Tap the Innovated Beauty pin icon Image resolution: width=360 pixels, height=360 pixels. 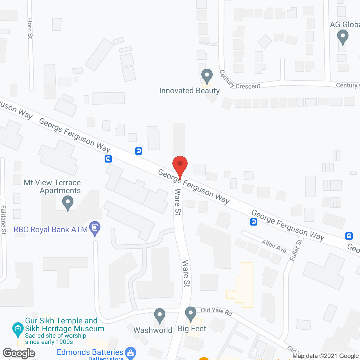[207, 76]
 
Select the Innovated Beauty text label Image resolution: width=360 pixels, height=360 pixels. [189, 91]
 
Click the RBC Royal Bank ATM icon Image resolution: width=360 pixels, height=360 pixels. [95, 228]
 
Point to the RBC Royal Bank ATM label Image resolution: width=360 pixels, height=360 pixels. [51, 229]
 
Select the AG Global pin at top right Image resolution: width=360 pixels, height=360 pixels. [343, 37]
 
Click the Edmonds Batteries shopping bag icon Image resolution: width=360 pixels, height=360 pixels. [130, 353]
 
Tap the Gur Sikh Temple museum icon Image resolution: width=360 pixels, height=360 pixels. [18, 329]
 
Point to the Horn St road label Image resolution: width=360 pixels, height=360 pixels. [30, 28]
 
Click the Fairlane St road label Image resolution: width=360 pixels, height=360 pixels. [3, 220]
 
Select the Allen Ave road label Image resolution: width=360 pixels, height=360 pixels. [274, 246]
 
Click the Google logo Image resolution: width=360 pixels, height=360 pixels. [19, 353]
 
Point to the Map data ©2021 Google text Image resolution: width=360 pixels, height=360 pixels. [325, 356]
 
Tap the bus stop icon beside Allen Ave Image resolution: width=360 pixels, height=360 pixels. [254, 222]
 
